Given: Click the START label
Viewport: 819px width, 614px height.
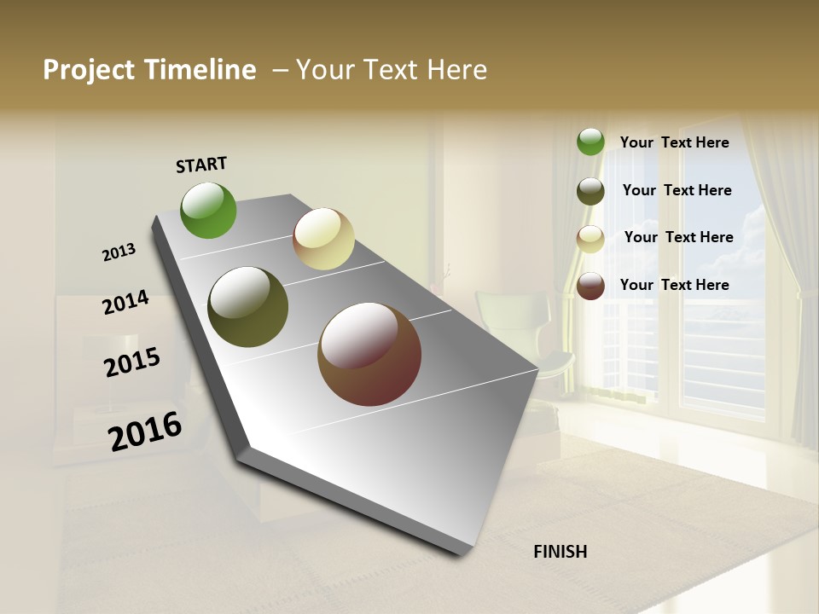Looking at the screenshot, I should (201, 164).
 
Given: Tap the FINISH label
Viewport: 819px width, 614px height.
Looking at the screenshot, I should (560, 552).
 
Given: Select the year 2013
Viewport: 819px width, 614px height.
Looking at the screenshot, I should (119, 252).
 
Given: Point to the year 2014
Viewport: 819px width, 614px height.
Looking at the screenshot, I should (125, 303).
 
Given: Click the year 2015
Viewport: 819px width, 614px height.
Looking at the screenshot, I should (132, 362).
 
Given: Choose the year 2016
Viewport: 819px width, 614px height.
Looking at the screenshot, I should (145, 432).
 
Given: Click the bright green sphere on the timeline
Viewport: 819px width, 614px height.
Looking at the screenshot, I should (208, 210).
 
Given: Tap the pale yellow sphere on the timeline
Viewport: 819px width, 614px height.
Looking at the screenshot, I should (323, 239).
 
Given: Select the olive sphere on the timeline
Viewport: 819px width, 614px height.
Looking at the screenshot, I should (248, 307).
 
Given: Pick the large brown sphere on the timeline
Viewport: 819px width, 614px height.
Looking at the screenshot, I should (369, 354).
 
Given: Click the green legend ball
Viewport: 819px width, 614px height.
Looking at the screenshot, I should (590, 142).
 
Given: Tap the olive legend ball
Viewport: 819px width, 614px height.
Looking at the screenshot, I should (590, 191).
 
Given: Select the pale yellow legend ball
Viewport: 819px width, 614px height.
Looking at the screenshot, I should (590, 239).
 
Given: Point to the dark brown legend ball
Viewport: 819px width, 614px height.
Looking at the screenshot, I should (590, 286).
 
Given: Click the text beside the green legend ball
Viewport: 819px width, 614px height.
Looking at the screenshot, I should (674, 143).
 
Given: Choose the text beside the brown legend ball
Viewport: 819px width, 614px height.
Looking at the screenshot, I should (674, 285).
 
